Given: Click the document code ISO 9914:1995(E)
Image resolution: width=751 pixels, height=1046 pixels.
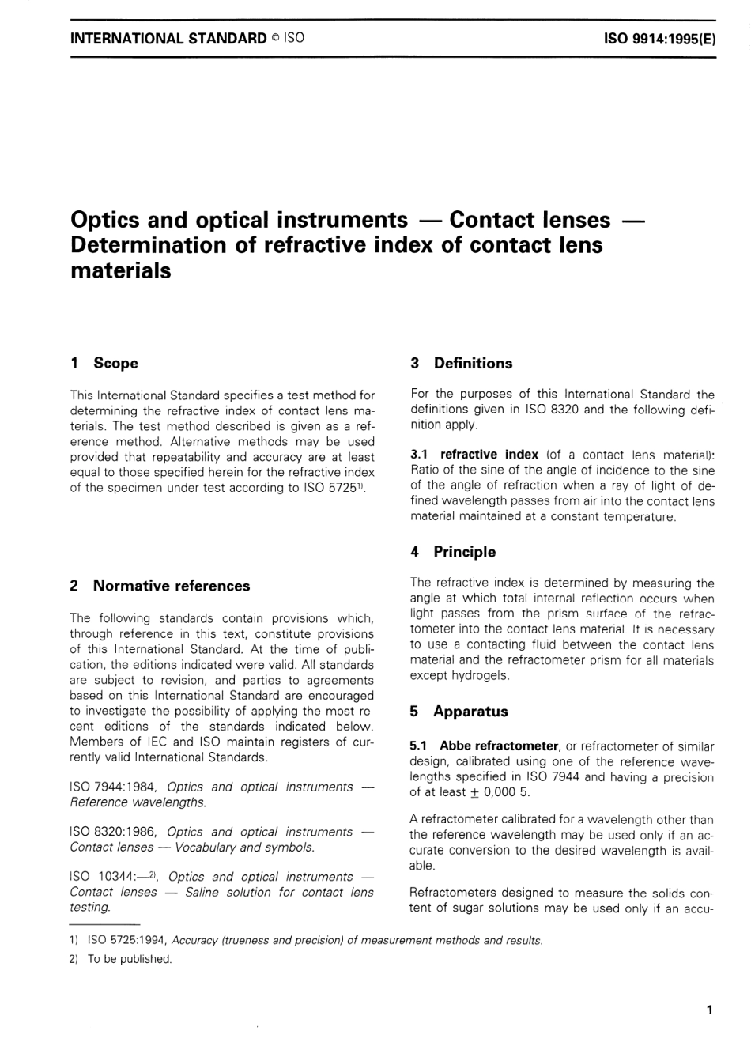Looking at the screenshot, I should tap(659, 38).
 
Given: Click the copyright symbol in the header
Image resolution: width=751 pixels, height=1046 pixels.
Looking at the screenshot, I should tap(276, 38).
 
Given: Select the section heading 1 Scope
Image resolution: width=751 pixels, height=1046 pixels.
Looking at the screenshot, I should tap(104, 363).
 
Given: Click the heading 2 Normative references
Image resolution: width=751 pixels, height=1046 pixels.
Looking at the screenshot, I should tap(160, 586).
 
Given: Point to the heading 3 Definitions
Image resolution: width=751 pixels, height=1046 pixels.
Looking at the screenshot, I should tap(461, 363).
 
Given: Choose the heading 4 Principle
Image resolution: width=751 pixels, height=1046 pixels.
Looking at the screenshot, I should tap(453, 552).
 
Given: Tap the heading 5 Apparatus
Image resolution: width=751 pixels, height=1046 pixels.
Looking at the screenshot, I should tap(459, 711).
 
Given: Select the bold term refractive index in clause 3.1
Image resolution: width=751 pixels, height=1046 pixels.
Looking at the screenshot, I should tap(489, 455).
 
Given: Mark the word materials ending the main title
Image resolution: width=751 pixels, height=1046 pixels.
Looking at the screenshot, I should tap(120, 270).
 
